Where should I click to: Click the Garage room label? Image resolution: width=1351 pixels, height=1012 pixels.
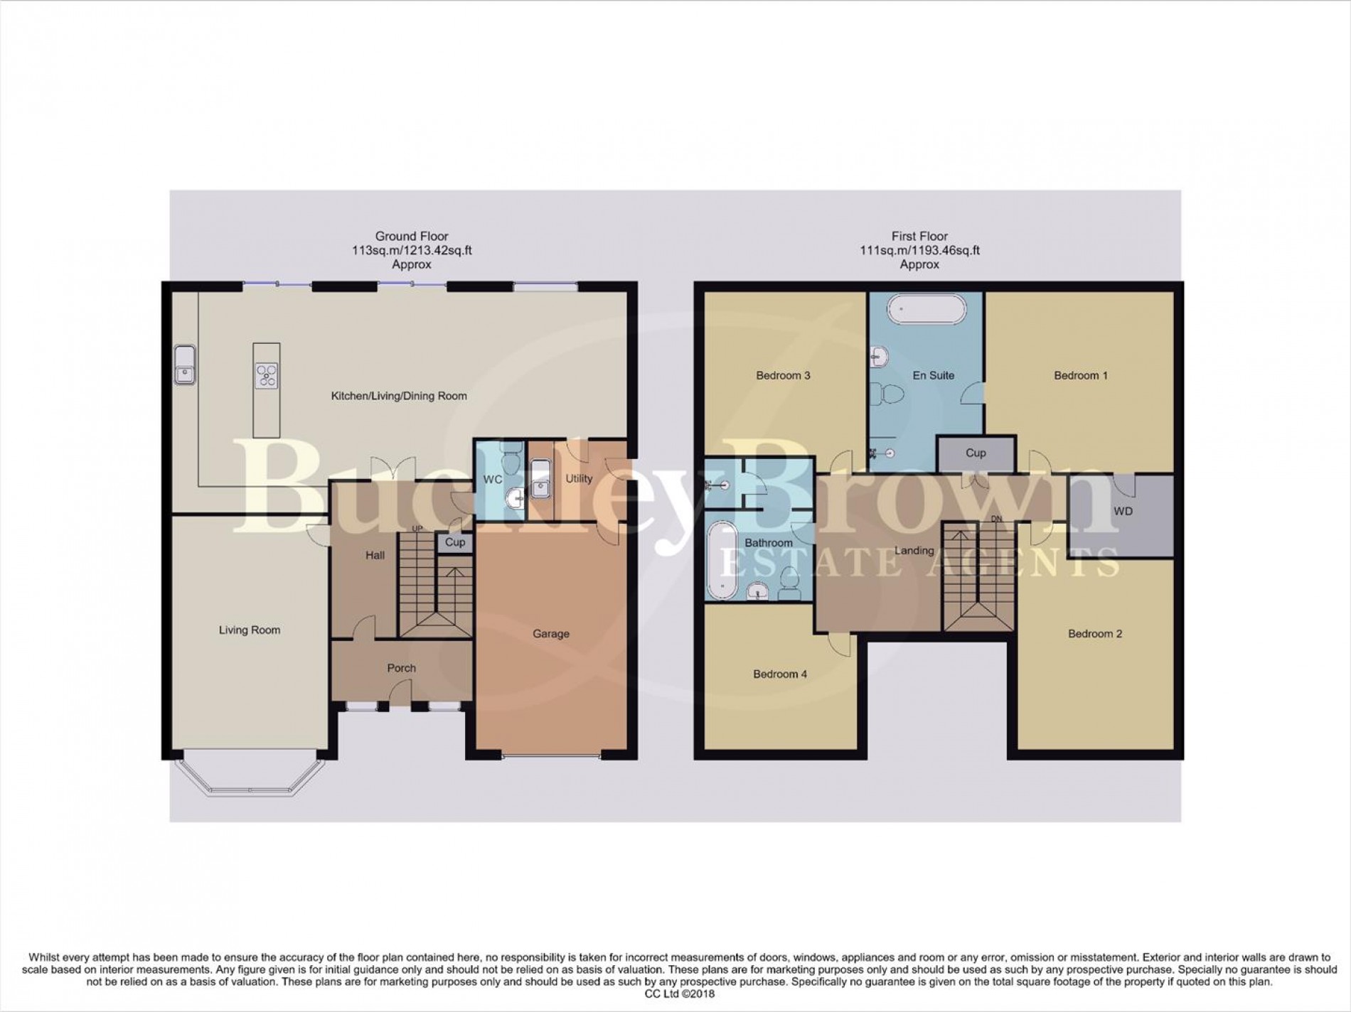pos(550,633)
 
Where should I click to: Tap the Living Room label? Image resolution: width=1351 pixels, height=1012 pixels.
pos(249,630)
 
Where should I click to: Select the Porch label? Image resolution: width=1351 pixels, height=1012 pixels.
pos(401,668)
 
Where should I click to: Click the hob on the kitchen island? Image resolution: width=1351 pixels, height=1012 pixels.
pos(267,375)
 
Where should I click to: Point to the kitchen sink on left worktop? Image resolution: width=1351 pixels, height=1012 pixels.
pos(184,365)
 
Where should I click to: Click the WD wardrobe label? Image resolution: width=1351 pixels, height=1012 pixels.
pos(1123,511)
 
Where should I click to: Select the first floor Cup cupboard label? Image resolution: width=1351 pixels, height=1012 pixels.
pos(975,453)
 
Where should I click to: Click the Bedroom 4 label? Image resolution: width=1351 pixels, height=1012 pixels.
pos(779,674)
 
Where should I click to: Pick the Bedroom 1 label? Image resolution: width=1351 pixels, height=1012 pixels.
pos(1080,375)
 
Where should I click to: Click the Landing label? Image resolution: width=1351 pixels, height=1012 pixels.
pos(914,550)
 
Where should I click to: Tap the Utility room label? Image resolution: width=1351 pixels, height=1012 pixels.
pos(578,478)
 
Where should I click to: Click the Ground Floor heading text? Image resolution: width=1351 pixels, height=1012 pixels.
pos(412,236)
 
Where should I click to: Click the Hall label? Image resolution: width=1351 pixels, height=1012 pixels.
pos(375,555)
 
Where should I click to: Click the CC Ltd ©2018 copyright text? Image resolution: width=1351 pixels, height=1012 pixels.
pos(675,994)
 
